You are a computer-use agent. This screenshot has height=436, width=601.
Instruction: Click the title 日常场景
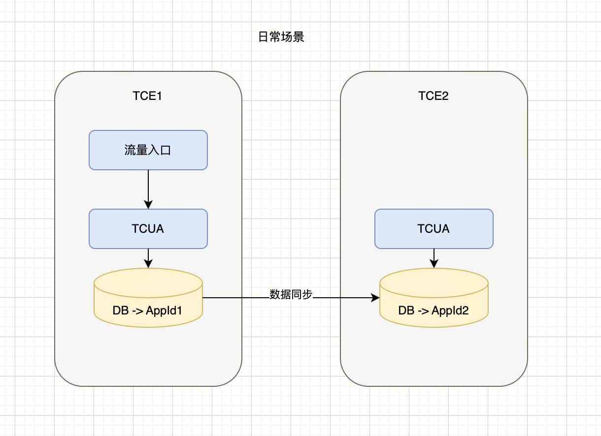pyautogui.click(x=281, y=37)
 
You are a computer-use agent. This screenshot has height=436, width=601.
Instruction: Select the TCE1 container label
pyautogui.click(x=147, y=96)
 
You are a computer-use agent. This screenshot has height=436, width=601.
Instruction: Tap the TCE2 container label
pyautogui.click(x=434, y=96)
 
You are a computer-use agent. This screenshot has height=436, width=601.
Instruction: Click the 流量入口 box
pyautogui.click(x=148, y=150)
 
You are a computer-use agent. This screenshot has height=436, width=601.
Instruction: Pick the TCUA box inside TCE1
pyautogui.click(x=148, y=229)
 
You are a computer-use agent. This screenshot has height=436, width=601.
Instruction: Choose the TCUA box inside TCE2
pyautogui.click(x=434, y=229)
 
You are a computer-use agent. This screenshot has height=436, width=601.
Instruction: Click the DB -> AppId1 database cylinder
pyautogui.click(x=148, y=298)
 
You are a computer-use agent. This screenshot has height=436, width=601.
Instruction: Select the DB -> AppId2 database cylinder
pyautogui.click(x=434, y=298)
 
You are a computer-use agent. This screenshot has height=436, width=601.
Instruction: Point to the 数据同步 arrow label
pyautogui.click(x=291, y=294)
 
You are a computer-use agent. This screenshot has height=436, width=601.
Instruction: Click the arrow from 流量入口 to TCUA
pyautogui.click(x=148, y=189)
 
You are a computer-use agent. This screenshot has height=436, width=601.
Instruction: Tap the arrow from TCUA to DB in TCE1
pyautogui.click(x=148, y=258)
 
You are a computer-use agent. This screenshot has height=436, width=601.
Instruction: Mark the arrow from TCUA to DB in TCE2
pyautogui.click(x=434, y=258)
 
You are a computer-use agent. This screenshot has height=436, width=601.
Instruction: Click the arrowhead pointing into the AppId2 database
pyautogui.click(x=375, y=298)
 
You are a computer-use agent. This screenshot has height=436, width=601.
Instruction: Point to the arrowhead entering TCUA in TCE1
pyautogui.click(x=148, y=205)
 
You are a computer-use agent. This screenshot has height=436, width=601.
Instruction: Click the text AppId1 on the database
pyautogui.click(x=164, y=311)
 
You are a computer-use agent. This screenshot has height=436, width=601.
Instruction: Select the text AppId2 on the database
pyautogui.click(x=450, y=311)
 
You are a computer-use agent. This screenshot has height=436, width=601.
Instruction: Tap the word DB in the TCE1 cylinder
pyautogui.click(x=121, y=311)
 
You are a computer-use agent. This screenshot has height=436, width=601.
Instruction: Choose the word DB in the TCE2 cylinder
pyautogui.click(x=406, y=311)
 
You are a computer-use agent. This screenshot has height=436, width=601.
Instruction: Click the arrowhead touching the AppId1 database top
pyautogui.click(x=148, y=264)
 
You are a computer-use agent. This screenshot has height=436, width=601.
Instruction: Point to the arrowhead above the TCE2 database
pyautogui.click(x=434, y=264)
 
